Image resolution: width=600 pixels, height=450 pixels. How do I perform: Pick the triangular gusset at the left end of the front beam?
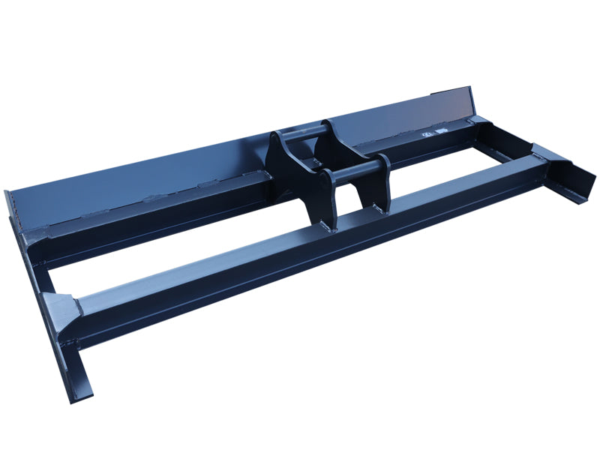[60, 307]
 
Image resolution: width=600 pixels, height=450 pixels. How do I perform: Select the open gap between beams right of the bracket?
[435, 161]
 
